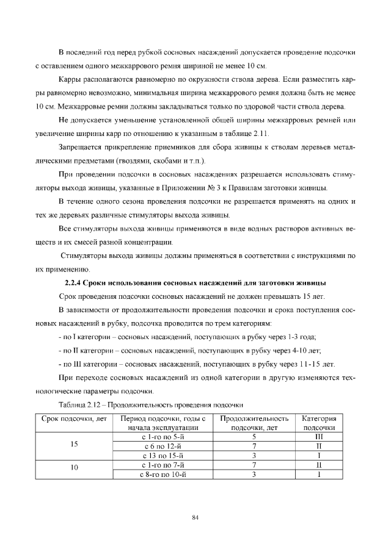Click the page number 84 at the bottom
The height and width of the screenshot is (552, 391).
[195, 518]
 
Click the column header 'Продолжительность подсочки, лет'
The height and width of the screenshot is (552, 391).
[254, 423]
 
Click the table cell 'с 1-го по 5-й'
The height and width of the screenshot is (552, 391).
[162, 437]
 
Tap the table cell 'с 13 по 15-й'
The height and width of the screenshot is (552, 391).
[162, 454]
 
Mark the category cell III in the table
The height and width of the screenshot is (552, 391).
[318, 437]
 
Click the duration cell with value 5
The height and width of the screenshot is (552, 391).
[253, 437]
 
